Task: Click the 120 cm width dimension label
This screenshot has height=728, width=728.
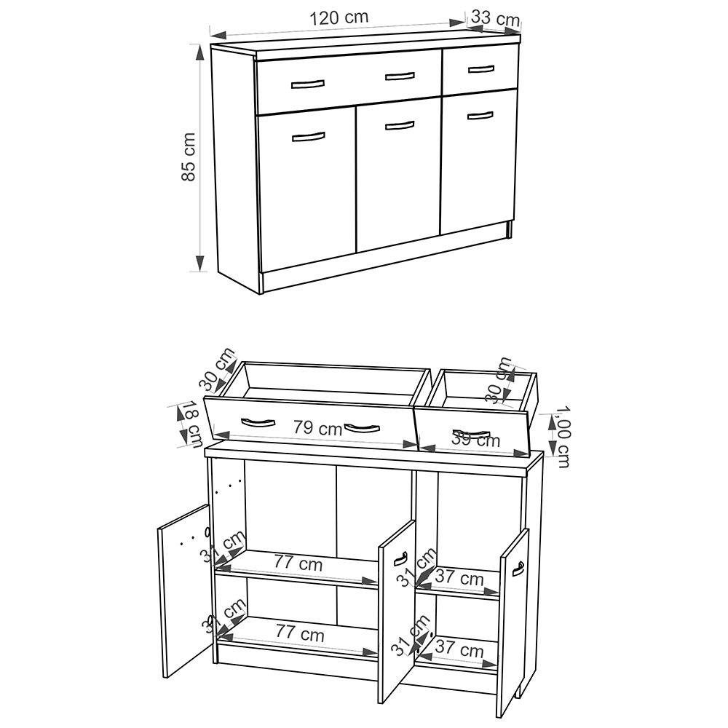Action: point(339,17)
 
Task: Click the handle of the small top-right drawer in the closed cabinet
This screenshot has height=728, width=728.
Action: point(481,69)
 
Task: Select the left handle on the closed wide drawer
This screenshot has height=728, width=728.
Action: point(307,84)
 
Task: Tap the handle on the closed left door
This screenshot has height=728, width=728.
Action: point(308,136)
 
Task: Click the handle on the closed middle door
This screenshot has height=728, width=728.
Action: point(399,125)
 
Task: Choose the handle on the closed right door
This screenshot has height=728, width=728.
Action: point(480,114)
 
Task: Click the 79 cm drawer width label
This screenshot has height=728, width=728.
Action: point(317,429)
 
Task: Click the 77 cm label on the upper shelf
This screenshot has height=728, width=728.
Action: point(298,563)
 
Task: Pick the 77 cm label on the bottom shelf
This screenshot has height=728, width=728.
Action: point(299,634)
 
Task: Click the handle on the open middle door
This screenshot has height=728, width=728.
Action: point(398,559)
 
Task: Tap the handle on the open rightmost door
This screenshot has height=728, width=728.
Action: point(518,569)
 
